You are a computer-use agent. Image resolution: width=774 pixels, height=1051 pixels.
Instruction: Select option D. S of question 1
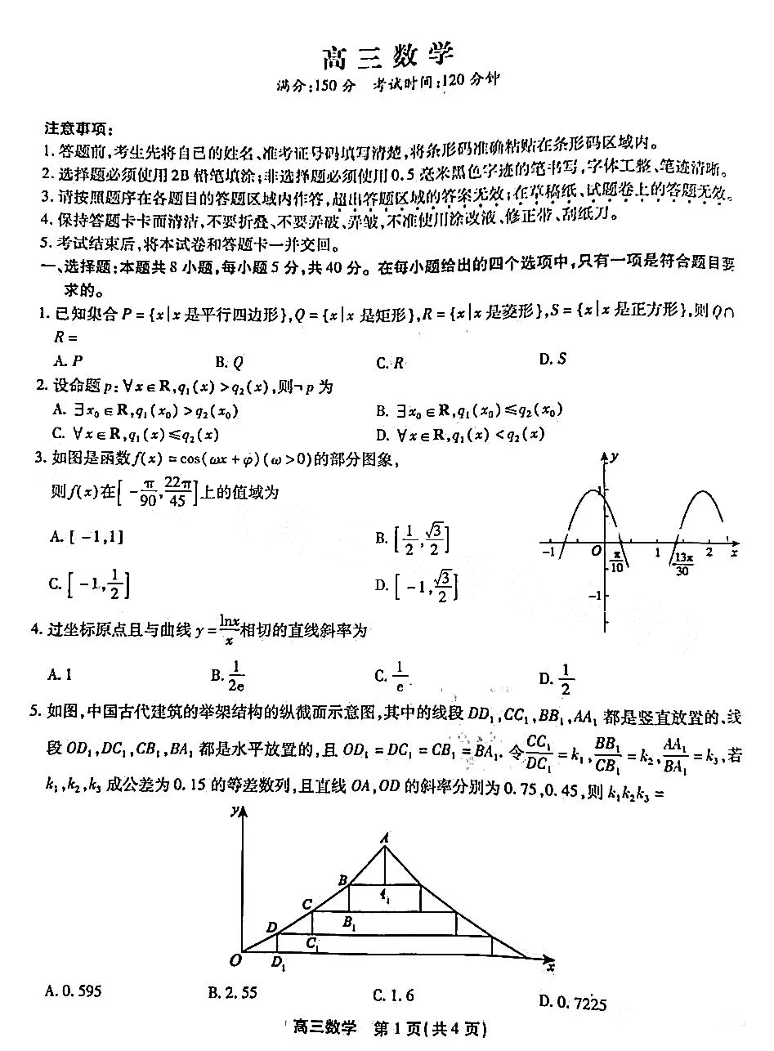(x=553, y=358)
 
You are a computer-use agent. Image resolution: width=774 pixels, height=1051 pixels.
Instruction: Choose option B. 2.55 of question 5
(x=233, y=992)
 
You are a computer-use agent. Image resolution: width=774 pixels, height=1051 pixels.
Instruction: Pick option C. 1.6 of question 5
(x=393, y=995)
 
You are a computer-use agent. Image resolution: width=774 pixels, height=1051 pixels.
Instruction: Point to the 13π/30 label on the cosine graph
(x=683, y=563)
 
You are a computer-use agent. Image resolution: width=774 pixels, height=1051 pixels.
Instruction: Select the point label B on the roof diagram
(x=343, y=879)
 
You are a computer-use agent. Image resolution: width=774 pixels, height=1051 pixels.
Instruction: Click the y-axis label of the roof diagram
(x=235, y=811)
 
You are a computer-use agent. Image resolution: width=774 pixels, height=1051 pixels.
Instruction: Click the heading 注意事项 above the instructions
(x=78, y=129)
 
